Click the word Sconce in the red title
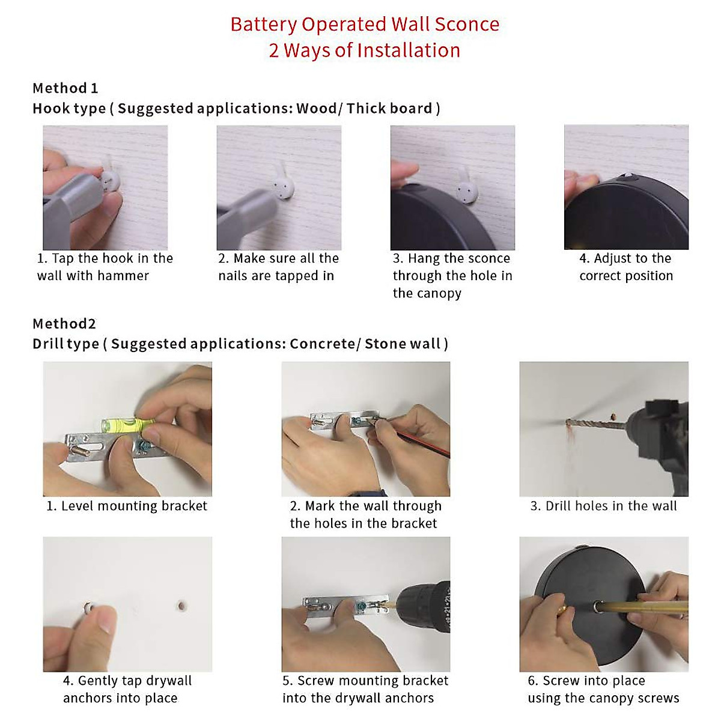[467, 24]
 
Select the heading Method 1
[65, 88]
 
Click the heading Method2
[64, 324]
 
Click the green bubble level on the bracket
[127, 424]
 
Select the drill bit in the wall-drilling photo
[595, 424]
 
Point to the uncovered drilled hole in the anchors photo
[182, 605]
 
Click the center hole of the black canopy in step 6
[597, 606]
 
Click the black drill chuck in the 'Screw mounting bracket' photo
[424, 606]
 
